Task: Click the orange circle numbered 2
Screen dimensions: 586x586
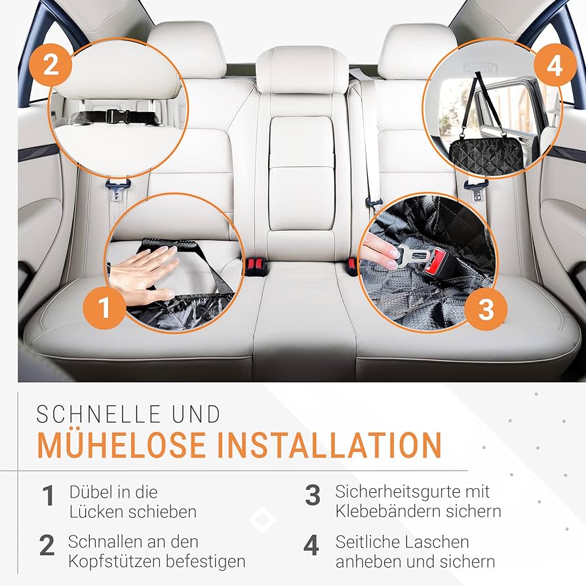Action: click(x=50, y=65)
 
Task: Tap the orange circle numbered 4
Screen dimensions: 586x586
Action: click(x=555, y=65)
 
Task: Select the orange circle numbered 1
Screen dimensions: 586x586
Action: click(x=104, y=308)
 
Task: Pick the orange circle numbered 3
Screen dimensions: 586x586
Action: click(x=486, y=309)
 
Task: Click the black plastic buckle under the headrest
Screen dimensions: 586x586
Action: click(x=118, y=116)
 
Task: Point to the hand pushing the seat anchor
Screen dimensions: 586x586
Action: click(x=144, y=273)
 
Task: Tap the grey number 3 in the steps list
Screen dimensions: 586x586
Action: click(x=313, y=495)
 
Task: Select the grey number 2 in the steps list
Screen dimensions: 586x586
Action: click(x=47, y=545)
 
